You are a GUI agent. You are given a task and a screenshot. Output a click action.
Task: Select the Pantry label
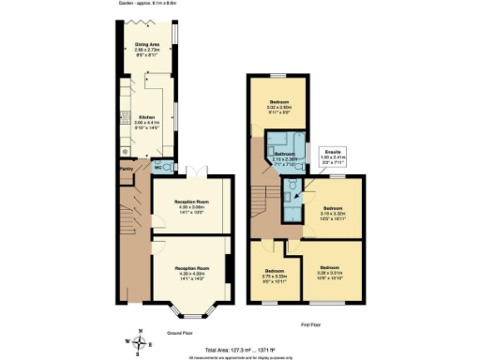[x=126, y=169]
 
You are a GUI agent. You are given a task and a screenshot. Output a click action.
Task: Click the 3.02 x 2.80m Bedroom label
[x=279, y=104]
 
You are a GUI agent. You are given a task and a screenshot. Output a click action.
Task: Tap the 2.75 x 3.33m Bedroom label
[x=274, y=275]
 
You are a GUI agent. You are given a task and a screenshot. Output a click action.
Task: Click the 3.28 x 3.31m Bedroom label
[x=328, y=270]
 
